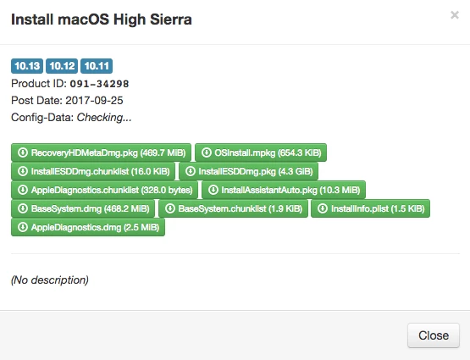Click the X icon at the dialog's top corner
click(455, 14)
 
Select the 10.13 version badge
click(27, 66)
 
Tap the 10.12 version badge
click(62, 66)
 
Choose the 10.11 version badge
click(97, 66)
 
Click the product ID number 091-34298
click(99, 84)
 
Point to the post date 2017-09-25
click(94, 101)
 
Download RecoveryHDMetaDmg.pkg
click(101, 152)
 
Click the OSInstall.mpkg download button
click(261, 152)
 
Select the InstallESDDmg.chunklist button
click(93, 171)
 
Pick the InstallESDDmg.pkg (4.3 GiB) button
click(248, 171)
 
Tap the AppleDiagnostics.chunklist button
click(105, 190)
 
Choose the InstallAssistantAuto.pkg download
click(284, 190)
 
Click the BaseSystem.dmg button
click(83, 208)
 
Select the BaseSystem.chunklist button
click(233, 208)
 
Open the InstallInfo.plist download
click(370, 208)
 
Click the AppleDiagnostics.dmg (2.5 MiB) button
click(88, 227)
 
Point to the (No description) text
click(50, 280)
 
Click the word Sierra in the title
click(171, 19)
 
